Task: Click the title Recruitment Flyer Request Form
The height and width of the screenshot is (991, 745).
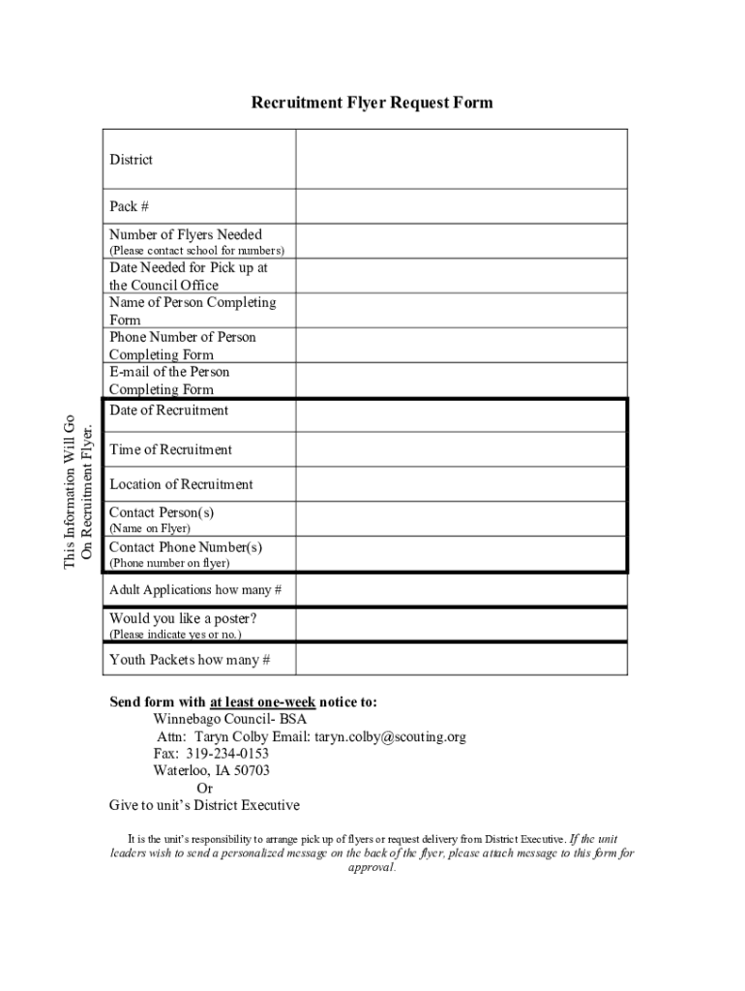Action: pyautogui.click(x=372, y=103)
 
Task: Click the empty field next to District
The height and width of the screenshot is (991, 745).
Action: pyautogui.click(x=462, y=159)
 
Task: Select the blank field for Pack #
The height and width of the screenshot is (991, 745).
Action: pyautogui.click(x=462, y=206)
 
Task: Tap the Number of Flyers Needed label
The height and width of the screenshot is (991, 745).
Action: pyautogui.click(x=186, y=234)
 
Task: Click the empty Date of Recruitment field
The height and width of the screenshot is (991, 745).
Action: pyautogui.click(x=462, y=415)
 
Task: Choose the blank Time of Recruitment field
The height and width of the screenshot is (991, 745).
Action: pyautogui.click(x=462, y=449)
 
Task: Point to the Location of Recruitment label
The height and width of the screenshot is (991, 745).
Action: pyautogui.click(x=181, y=484)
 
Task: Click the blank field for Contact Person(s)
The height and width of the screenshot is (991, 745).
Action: pyautogui.click(x=462, y=519)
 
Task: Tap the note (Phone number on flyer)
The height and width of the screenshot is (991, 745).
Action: pyautogui.click(x=169, y=562)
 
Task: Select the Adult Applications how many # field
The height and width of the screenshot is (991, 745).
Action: pyautogui.click(x=462, y=589)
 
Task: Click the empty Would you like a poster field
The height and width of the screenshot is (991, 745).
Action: pyautogui.click(x=462, y=624)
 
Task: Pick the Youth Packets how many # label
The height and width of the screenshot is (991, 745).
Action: pyautogui.click(x=190, y=660)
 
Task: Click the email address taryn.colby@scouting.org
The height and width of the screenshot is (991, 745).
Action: pyautogui.click(x=390, y=736)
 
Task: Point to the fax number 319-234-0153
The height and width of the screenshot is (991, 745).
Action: pyautogui.click(x=227, y=754)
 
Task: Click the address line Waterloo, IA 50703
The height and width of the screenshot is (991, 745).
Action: pyautogui.click(x=211, y=771)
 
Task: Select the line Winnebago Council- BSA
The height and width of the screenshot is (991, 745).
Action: pyautogui.click(x=229, y=719)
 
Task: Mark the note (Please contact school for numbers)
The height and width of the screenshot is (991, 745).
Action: pyautogui.click(x=196, y=251)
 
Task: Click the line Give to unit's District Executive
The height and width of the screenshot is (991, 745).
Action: pyautogui.click(x=204, y=805)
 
